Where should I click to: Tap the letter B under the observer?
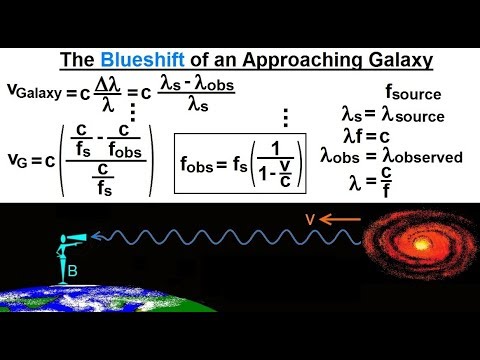[71, 268]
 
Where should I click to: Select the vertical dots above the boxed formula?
[285, 117]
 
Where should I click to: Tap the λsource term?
[416, 116]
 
